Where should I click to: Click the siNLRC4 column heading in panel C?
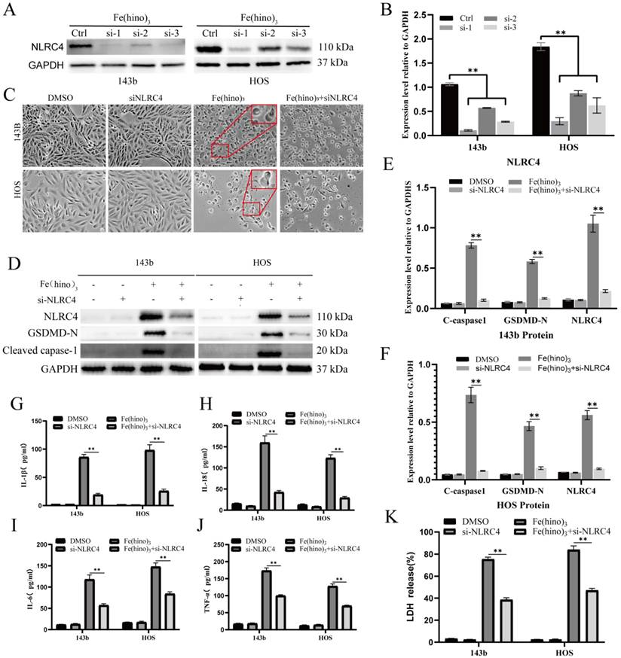click(138, 97)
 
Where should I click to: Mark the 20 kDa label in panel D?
click(331, 350)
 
